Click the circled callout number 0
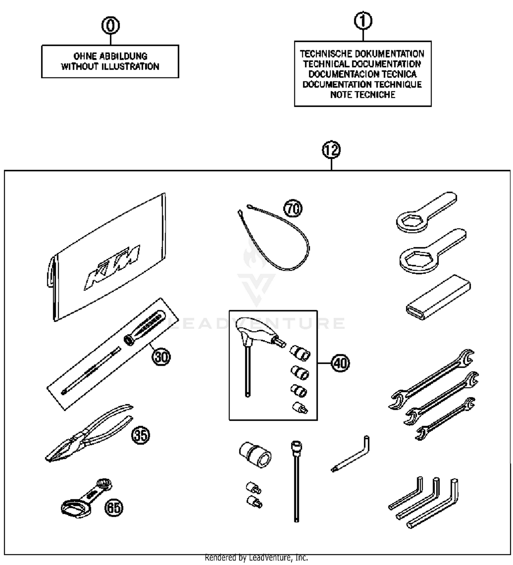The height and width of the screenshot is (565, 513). [x=110, y=26]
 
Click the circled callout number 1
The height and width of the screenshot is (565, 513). [x=363, y=21]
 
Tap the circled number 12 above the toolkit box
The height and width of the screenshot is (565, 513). [x=331, y=150]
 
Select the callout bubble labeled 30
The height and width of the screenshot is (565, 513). [x=161, y=357]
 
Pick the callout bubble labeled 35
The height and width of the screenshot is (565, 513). [x=141, y=435]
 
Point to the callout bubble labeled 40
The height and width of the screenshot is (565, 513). [x=340, y=363]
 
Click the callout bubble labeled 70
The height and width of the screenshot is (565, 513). [x=293, y=208]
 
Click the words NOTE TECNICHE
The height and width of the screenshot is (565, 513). [x=363, y=95]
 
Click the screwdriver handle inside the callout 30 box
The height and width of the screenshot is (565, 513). [x=145, y=328]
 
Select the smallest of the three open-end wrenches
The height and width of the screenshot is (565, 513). [x=445, y=419]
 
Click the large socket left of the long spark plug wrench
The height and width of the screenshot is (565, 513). [x=255, y=455]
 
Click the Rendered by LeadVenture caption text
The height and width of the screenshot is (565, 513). [x=256, y=557]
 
